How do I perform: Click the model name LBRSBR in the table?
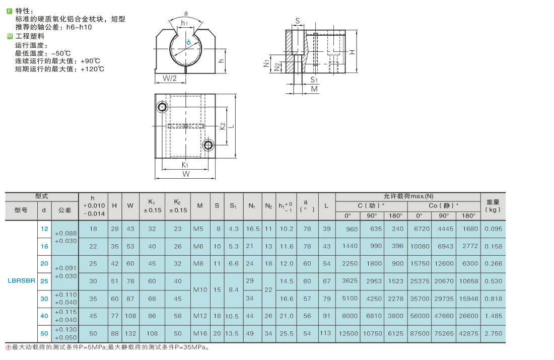[x=22, y=281]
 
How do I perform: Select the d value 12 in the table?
[x=44, y=229]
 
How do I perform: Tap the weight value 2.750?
[x=493, y=333]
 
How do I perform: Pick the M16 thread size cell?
[x=200, y=333]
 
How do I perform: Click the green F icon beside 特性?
[x=10, y=11]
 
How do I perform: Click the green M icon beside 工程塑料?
[x=10, y=36]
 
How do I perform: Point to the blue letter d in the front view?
[x=188, y=42]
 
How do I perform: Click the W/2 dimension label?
[x=170, y=78]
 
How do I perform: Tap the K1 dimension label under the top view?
[x=185, y=165]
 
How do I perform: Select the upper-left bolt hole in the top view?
[x=163, y=107]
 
